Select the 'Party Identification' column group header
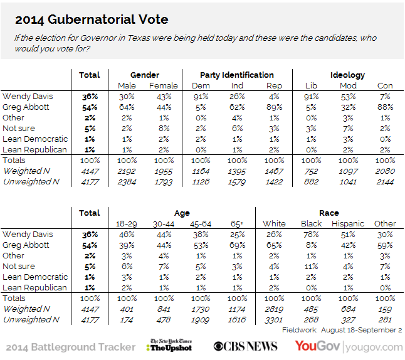[236, 75]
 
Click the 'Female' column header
[164, 86]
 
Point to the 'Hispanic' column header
[347, 223]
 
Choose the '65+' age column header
[238, 223]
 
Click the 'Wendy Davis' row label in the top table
[27, 97]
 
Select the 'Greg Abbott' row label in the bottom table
[27, 245]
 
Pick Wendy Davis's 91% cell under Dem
[201, 97]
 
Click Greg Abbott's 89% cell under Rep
[273, 107]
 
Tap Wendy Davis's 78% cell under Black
[311, 234]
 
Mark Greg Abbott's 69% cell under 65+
[238, 245]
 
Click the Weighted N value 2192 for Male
[127, 171]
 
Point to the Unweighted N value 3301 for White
[274, 319]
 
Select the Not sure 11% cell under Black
[311, 266]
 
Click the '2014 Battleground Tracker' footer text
[70, 347]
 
